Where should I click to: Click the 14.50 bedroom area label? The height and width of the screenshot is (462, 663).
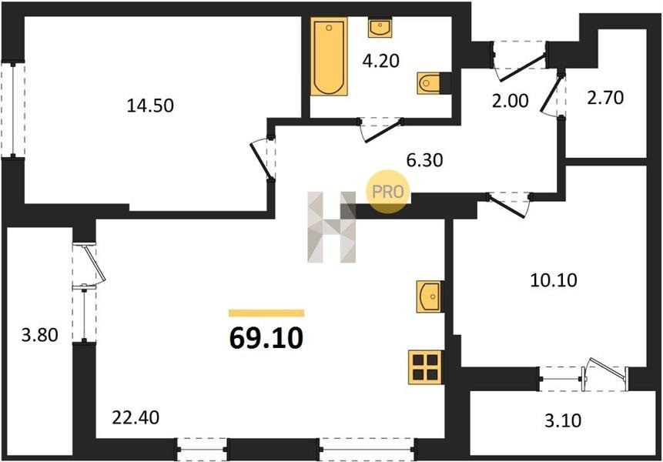point(150,105)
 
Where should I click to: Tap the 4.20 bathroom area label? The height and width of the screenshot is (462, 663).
point(380,61)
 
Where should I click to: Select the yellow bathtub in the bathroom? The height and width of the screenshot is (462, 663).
point(329,56)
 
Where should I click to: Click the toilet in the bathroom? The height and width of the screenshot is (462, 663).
point(428,83)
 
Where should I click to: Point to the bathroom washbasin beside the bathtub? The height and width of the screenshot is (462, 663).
point(380,28)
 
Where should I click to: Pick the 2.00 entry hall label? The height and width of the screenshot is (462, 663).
point(510,101)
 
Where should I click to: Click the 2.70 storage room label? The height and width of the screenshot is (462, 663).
point(605,98)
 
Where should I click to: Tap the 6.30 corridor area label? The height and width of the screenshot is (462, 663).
point(424,160)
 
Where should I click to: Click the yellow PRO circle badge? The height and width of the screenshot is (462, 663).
point(388,192)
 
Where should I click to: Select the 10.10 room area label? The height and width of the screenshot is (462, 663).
point(554,280)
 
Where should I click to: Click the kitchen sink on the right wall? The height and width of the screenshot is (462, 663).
point(429,296)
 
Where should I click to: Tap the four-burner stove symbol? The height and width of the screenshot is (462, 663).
point(425,367)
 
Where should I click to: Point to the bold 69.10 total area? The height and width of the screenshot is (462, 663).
point(266,338)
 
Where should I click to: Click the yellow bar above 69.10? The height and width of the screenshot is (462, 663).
point(266,313)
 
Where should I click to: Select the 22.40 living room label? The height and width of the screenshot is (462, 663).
point(136,417)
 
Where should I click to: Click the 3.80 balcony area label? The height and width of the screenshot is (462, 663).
point(39,335)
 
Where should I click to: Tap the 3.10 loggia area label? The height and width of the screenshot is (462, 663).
point(562,420)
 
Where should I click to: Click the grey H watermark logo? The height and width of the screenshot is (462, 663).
point(332,227)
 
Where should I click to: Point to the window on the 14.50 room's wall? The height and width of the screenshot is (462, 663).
point(12,110)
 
